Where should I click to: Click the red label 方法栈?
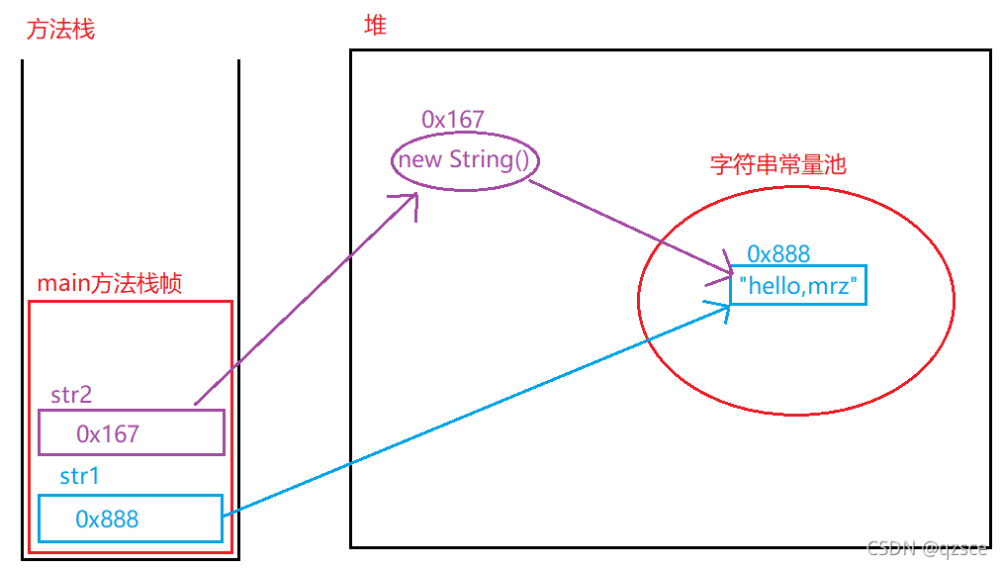click(x=60, y=29)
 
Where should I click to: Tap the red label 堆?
click(x=375, y=26)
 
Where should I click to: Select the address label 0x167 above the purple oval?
click(x=452, y=120)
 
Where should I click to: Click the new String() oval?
click(x=465, y=160)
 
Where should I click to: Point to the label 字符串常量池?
click(x=778, y=165)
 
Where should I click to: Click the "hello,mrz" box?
click(x=801, y=286)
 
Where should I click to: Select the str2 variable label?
click(x=71, y=395)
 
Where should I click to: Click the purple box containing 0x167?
click(x=132, y=433)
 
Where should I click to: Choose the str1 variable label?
click(x=79, y=477)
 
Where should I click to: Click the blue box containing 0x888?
click(x=131, y=519)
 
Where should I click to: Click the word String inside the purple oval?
click(x=489, y=159)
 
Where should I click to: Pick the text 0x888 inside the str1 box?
click(x=107, y=519)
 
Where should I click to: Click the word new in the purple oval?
click(x=419, y=159)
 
